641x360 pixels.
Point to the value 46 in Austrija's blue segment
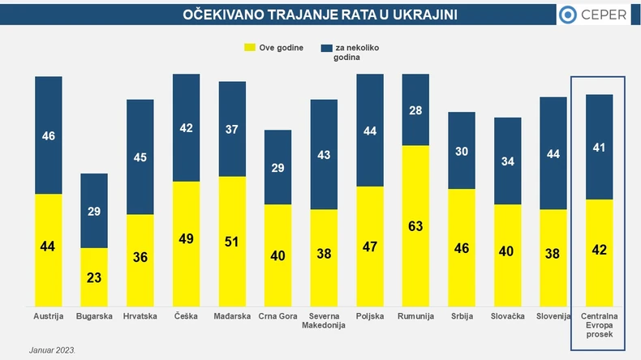coord(49,136)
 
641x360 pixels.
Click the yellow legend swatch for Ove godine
coord(250,49)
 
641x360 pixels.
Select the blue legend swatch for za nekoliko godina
coord(327,49)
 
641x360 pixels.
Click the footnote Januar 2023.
coord(53,350)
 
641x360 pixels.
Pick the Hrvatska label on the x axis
coord(140,316)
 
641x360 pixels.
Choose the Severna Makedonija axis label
coord(324,320)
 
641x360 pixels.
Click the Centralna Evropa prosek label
coord(600,325)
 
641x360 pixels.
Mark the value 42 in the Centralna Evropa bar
coord(600,250)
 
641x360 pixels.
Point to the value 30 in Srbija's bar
coord(462,151)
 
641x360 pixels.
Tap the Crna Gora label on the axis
coord(277,316)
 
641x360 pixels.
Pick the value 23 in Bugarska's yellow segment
coord(93,276)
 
